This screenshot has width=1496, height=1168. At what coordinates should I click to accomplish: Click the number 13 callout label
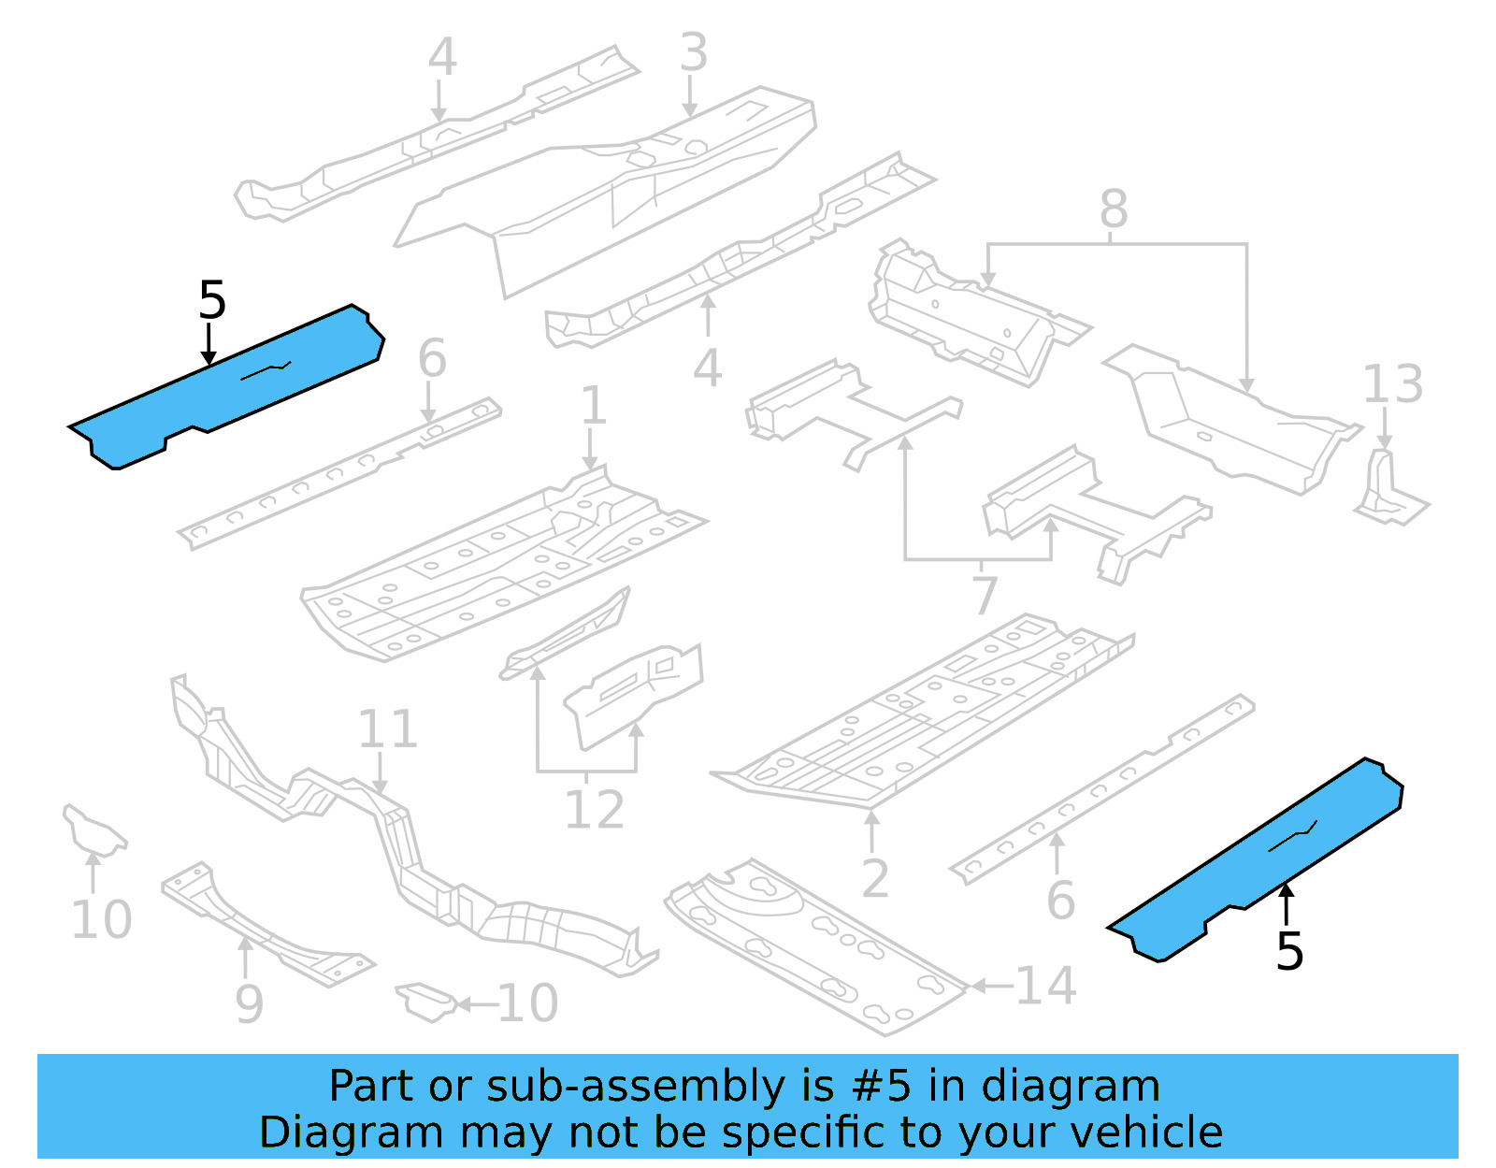[x=1392, y=384]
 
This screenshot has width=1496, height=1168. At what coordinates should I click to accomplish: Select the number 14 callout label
[x=1045, y=986]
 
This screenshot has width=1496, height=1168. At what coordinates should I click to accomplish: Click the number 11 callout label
[x=387, y=729]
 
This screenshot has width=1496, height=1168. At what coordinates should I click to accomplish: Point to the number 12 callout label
[x=594, y=810]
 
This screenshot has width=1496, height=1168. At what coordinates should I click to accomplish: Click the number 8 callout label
[x=1113, y=209]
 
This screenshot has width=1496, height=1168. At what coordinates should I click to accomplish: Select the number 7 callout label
[x=985, y=596]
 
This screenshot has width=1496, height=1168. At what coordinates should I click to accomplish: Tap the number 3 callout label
[x=693, y=52]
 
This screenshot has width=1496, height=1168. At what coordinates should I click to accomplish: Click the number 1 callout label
[x=593, y=406]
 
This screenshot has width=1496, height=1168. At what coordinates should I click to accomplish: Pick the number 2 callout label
[x=874, y=879]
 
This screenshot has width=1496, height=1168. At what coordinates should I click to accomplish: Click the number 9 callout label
[x=249, y=1004]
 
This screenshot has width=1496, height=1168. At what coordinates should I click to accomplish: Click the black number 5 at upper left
[x=212, y=301]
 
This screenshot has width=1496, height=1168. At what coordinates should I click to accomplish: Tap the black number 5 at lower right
[x=1289, y=952]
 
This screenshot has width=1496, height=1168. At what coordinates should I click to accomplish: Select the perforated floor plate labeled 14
[x=813, y=944]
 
